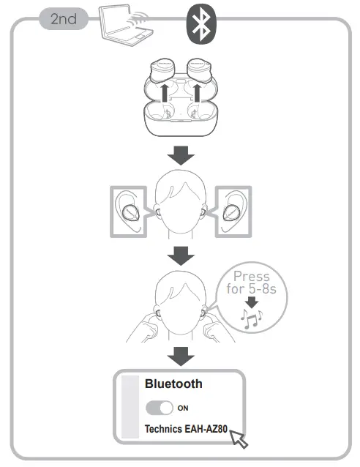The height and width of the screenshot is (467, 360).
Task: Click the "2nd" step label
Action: [x=64, y=19]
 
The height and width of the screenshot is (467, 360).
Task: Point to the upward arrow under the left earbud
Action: [x=166, y=95]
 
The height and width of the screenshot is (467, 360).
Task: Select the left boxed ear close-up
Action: [x=132, y=212]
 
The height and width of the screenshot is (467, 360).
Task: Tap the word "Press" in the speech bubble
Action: [x=251, y=277]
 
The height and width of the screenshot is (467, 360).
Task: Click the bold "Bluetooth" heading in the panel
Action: [x=173, y=384]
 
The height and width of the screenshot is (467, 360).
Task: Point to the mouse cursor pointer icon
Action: [x=239, y=439]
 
